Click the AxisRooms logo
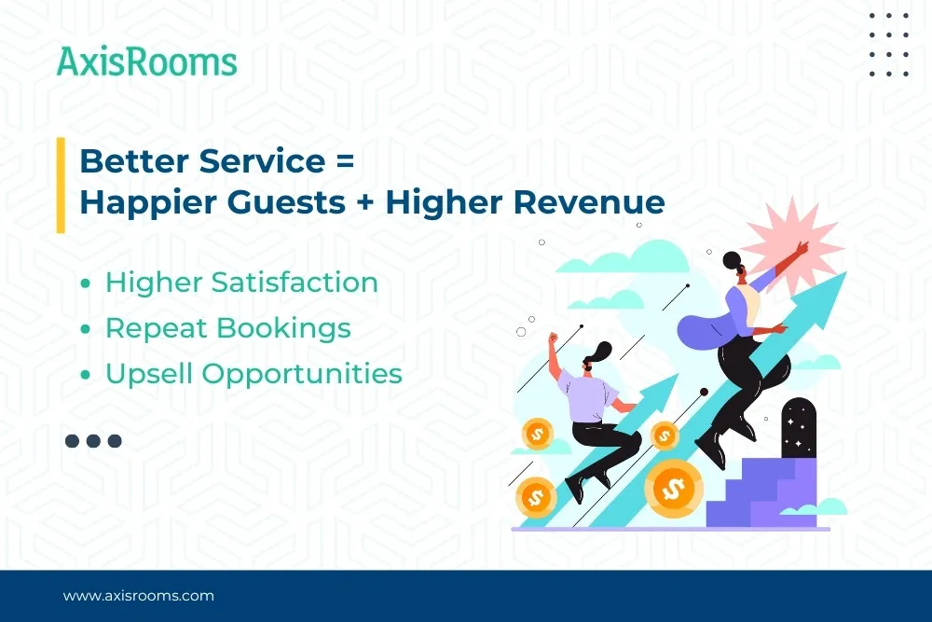(146, 62)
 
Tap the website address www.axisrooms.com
(138, 595)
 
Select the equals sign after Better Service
(344, 160)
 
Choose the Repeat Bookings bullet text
(227, 328)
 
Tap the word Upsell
(149, 374)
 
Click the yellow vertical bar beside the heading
(61, 184)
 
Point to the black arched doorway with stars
(799, 429)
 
